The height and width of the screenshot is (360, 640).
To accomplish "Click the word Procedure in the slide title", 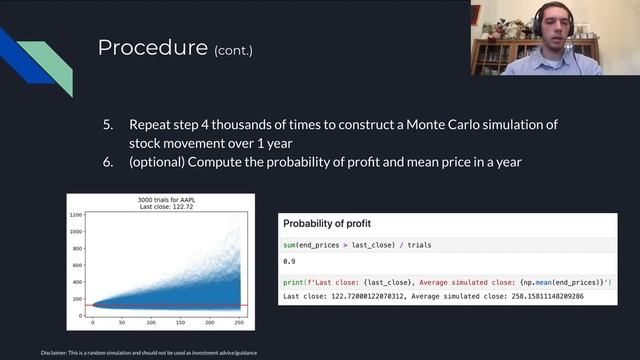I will pyautogui.click(x=151, y=48).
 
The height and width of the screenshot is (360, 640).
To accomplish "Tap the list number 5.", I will pyautogui.click(x=109, y=125).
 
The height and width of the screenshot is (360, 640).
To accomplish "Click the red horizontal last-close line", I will pyautogui.click(x=200, y=305).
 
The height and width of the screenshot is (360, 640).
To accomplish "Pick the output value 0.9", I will pyautogui.click(x=290, y=261).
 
